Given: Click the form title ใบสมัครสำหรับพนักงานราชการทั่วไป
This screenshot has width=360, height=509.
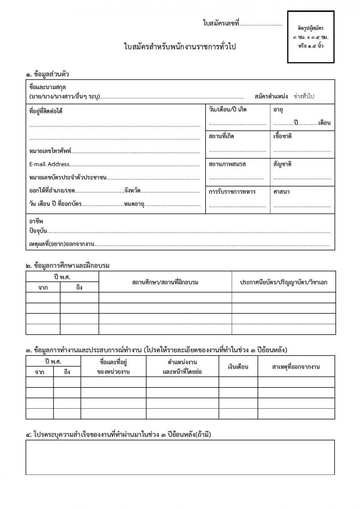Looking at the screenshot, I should (x=180, y=47).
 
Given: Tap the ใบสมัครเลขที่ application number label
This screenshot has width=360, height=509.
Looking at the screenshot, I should (x=220, y=23).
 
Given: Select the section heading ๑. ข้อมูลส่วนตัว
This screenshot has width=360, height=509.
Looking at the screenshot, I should (x=47, y=74).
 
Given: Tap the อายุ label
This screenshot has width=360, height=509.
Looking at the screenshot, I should (x=278, y=110).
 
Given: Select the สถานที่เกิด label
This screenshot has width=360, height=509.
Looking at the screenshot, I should (x=221, y=136).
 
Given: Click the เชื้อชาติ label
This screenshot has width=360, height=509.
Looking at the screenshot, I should (x=283, y=136).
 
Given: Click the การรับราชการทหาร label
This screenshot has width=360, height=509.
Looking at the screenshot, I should (x=232, y=192).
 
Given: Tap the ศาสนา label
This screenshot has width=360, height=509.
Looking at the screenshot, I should (x=281, y=192).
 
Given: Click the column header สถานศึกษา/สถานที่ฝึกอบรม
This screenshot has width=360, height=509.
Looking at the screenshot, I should (x=165, y=282).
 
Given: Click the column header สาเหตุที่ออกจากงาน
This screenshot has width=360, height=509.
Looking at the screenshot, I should (x=296, y=367).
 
